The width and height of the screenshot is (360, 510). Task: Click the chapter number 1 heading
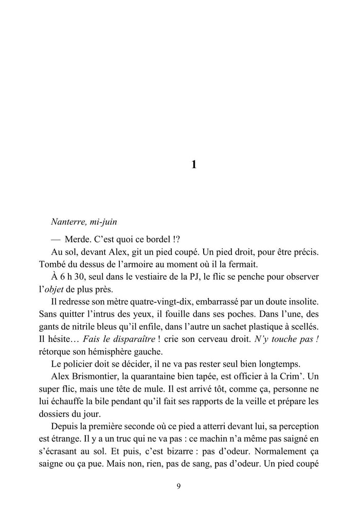pos(193,165)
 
